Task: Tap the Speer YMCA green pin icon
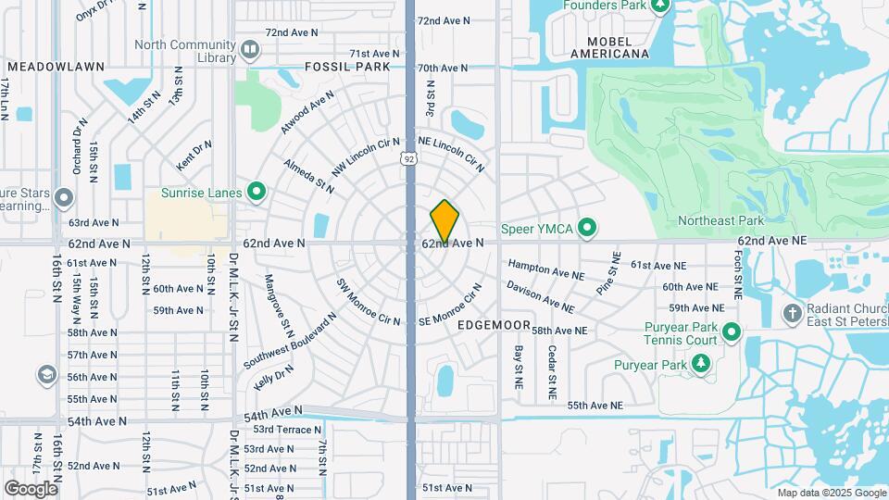click(x=586, y=228)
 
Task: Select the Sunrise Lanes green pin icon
click(x=257, y=193)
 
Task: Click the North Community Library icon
click(x=249, y=49)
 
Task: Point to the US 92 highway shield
click(x=408, y=158)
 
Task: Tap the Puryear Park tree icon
click(x=701, y=364)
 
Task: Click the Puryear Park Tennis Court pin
click(x=732, y=331)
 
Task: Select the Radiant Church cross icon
click(x=792, y=313)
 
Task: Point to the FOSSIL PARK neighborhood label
click(x=347, y=68)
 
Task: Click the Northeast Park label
click(x=720, y=220)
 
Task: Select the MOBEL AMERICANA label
click(x=608, y=48)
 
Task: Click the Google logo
click(x=31, y=489)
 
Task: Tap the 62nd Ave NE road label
click(x=772, y=240)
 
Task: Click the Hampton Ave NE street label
click(x=545, y=269)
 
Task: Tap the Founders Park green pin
click(x=660, y=6)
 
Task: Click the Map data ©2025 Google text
click(x=831, y=493)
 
